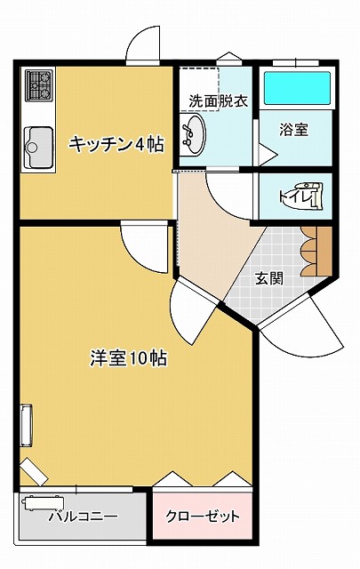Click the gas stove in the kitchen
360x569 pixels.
coord(39,85)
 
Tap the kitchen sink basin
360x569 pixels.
coord(38,148)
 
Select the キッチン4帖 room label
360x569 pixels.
coord(116,144)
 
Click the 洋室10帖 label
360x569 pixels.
coord(129,358)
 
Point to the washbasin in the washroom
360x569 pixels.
coord(192,134)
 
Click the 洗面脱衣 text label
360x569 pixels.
coord(219,101)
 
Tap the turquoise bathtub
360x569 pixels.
coord(297,88)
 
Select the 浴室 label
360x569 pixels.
coord(294,130)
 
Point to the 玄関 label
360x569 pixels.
coord(269,278)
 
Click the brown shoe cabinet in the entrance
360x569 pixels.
coord(316,251)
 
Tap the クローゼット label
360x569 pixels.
coord(203,516)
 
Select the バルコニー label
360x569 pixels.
coord(84,516)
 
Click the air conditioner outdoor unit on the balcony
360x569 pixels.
coord(43,503)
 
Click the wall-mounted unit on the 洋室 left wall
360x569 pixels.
coord(27,425)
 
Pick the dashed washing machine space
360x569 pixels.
coord(200,89)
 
